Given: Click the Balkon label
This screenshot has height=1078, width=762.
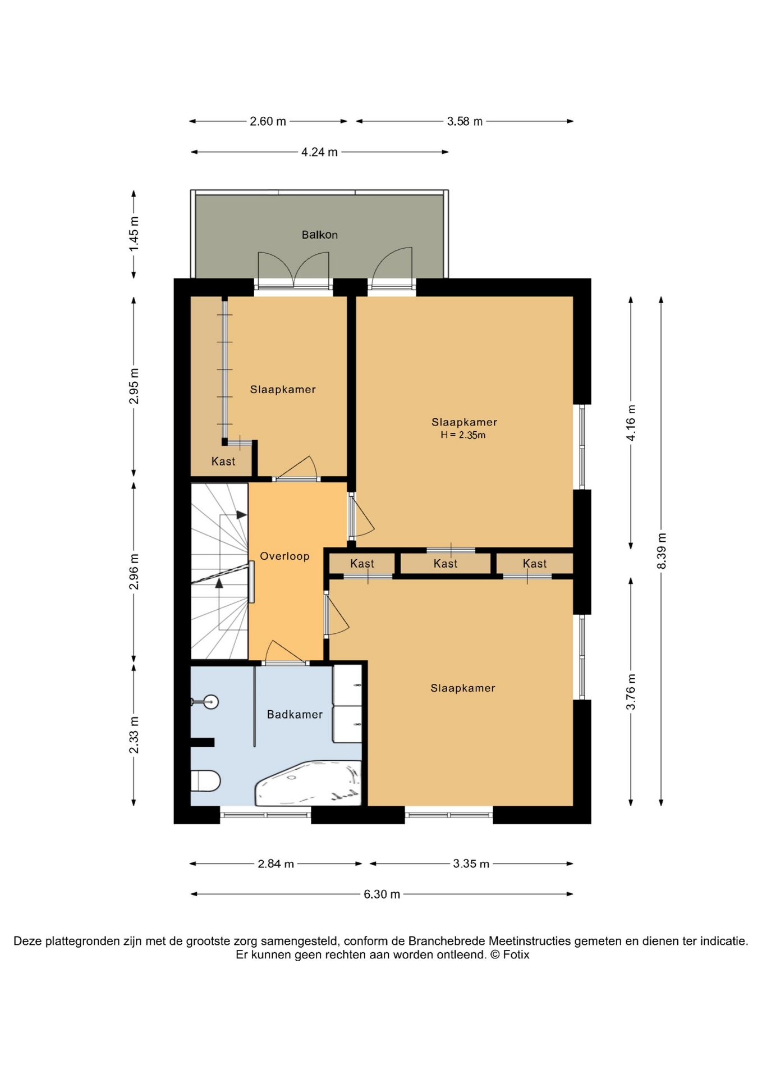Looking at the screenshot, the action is click(319, 235).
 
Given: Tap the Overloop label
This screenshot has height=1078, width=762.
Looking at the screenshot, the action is click(284, 556).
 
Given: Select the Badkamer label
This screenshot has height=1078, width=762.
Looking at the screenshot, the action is click(295, 714).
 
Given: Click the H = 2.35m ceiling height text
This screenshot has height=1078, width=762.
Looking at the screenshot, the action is click(463, 435).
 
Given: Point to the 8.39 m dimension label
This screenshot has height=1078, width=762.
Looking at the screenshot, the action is click(662, 551).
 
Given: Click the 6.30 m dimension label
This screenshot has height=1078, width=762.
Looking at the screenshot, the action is click(382, 894).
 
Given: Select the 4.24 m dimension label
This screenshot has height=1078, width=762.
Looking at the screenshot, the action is click(319, 152).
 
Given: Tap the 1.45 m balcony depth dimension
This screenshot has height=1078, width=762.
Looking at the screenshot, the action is click(134, 234).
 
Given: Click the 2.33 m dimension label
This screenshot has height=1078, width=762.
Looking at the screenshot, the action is click(134, 735).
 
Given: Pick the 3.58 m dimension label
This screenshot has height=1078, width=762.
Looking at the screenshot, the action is click(465, 121).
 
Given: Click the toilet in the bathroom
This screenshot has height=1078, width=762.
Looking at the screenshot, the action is click(205, 780).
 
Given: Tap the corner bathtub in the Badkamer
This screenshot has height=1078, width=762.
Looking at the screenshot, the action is click(309, 783).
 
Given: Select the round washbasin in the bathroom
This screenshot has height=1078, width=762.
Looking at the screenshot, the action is click(210, 701).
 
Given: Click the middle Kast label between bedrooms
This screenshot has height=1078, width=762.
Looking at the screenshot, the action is click(446, 563).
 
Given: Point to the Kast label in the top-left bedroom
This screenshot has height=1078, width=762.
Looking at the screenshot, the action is click(223, 461).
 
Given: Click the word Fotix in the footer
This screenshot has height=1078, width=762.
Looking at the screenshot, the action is click(516, 954).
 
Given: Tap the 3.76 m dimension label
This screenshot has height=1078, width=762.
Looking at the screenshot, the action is click(631, 692).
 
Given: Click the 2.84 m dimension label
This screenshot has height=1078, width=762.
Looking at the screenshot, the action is click(276, 864).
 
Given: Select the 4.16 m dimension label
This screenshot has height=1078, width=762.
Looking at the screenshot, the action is click(631, 423).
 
